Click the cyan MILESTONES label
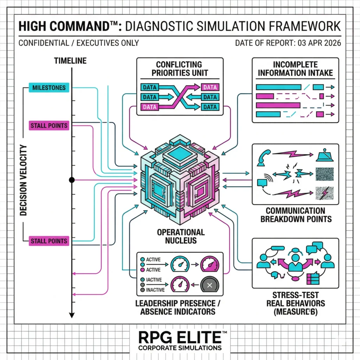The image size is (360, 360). (49, 88)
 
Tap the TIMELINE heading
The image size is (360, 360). (70, 60)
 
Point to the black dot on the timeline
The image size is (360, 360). (72, 180)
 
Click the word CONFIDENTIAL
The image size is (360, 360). (42, 43)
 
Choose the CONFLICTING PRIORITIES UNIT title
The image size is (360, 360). (179, 69)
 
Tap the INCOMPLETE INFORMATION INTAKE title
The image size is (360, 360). (295, 69)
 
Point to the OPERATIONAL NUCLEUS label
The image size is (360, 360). (180, 236)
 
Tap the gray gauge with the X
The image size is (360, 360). (210, 285)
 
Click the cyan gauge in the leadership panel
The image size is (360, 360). (180, 264)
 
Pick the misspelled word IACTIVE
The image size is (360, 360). (154, 280)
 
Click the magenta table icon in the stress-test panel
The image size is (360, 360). (313, 278)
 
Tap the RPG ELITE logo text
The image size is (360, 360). (180, 337)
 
